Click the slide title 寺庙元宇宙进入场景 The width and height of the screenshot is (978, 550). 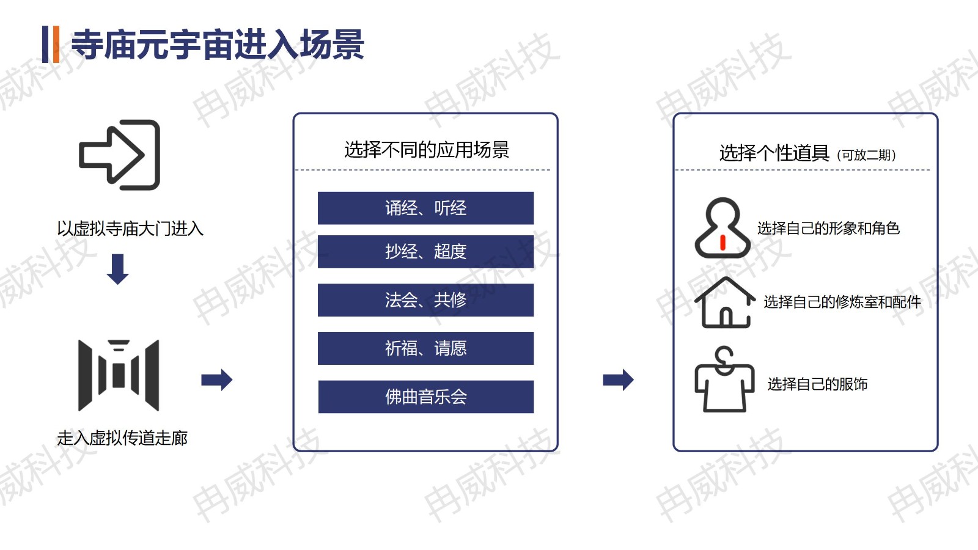(x=218, y=45)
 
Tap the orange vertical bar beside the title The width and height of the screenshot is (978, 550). (x=56, y=45)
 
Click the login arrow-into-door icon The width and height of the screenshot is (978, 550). (x=119, y=155)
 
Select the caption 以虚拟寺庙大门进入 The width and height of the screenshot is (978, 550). (x=130, y=229)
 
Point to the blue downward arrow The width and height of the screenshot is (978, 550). (x=117, y=269)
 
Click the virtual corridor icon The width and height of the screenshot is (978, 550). (x=119, y=375)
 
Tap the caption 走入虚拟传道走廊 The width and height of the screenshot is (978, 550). (x=122, y=438)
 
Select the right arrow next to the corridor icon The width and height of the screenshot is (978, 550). (x=216, y=380)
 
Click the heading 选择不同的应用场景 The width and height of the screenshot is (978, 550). (x=427, y=150)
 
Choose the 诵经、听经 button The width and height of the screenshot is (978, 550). (x=425, y=208)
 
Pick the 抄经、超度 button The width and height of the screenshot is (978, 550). (x=425, y=251)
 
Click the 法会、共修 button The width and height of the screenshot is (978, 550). (x=425, y=300)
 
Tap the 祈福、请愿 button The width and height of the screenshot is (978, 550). (x=425, y=348)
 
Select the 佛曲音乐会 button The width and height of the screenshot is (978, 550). (x=425, y=397)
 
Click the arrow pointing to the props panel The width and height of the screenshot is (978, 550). (x=618, y=380)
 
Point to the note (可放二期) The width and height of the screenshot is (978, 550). (x=866, y=155)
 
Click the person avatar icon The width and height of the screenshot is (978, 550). (x=722, y=228)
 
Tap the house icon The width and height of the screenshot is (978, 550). (x=725, y=302)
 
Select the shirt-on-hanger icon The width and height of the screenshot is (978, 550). (x=724, y=379)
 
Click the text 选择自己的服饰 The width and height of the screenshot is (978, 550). (x=817, y=384)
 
